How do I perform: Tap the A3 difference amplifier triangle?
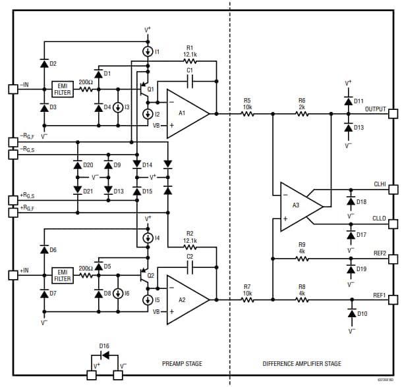click(x=298, y=206)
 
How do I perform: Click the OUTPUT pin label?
click(x=376, y=109)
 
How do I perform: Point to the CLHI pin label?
click(x=379, y=186)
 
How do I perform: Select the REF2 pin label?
click(x=379, y=253)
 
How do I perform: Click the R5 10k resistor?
click(x=247, y=114)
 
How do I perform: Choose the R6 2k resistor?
click(x=302, y=114)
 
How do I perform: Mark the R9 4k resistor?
click(x=302, y=259)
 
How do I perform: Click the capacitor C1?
click(x=190, y=80)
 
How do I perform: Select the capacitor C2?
click(x=190, y=267)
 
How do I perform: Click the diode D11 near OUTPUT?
click(x=349, y=101)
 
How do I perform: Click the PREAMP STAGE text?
click(x=182, y=363)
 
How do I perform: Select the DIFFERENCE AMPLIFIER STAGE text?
click(x=302, y=363)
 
